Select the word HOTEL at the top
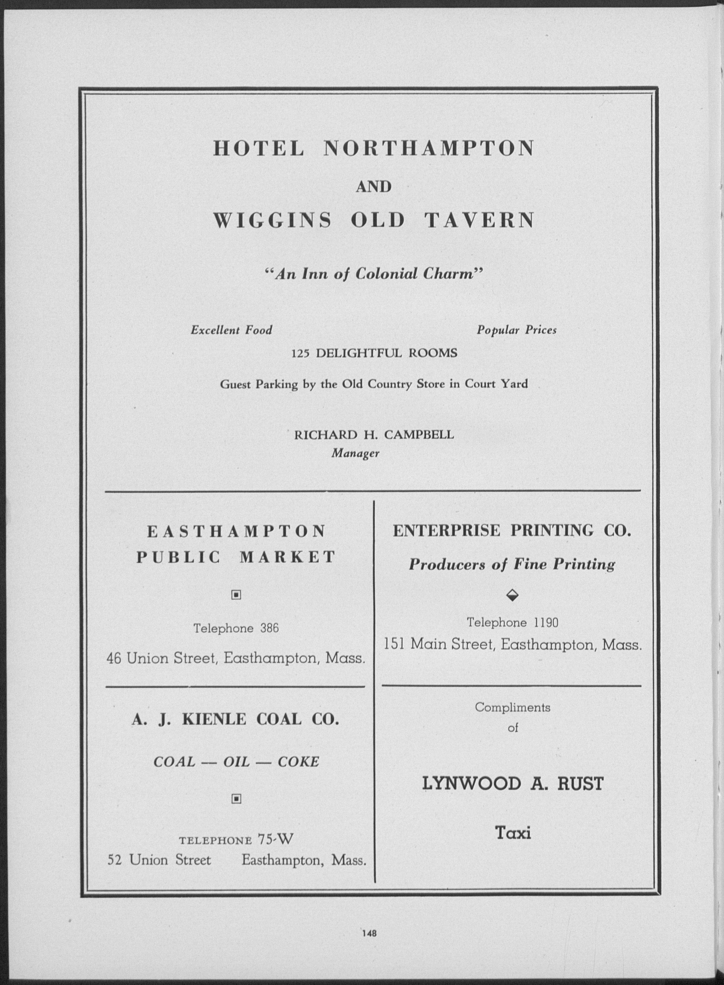259,149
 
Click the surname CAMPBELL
419,435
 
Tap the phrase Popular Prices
516,330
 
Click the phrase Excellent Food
231,330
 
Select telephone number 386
270,628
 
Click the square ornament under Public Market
236,595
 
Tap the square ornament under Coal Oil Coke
236,800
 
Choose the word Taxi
513,833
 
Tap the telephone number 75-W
275,839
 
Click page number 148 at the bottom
370,933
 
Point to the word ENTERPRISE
446,531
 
